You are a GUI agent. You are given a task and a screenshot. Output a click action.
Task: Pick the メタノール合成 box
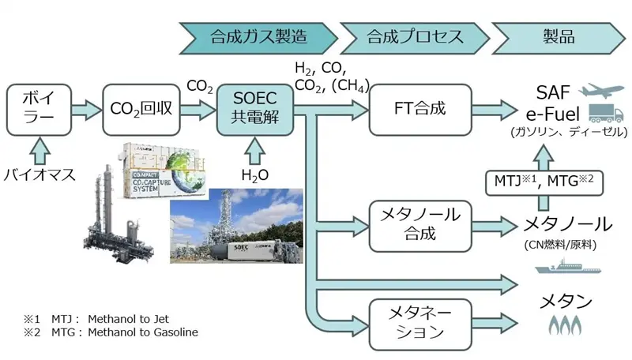(x=419, y=226)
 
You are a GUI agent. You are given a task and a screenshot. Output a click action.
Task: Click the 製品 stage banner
(x=558, y=36)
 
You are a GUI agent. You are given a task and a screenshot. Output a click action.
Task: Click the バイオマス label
(x=39, y=174)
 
